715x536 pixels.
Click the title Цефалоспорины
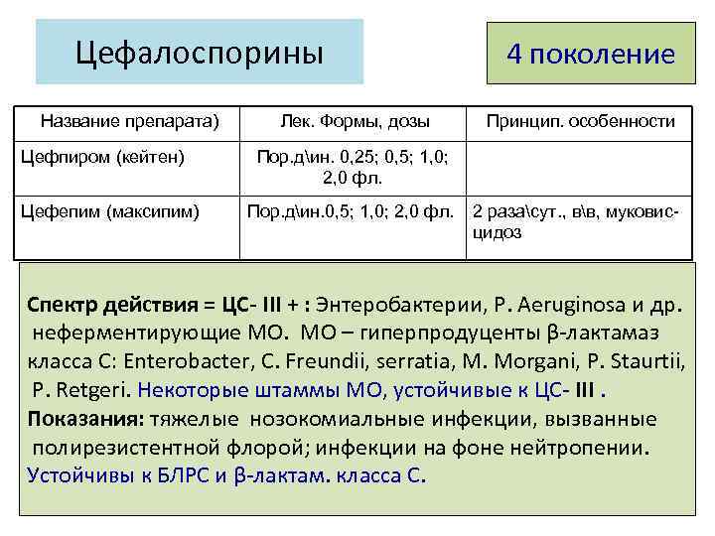[200, 51]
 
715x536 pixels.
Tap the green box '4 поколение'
[590, 53]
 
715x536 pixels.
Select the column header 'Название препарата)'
[129, 122]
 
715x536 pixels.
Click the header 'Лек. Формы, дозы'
[353, 122]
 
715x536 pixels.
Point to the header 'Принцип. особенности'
[581, 122]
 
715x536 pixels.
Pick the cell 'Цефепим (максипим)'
[112, 210]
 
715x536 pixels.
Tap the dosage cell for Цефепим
[354, 210]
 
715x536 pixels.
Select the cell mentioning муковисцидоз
[579, 219]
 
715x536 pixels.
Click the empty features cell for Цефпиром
[581, 168]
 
